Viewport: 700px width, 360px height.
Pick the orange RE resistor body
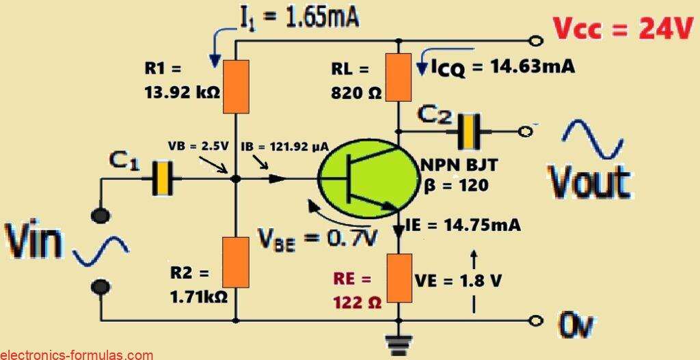(398, 277)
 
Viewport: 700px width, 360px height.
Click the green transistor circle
(367, 180)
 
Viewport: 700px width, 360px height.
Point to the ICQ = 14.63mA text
(503, 67)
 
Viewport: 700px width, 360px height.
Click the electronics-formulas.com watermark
(77, 355)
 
